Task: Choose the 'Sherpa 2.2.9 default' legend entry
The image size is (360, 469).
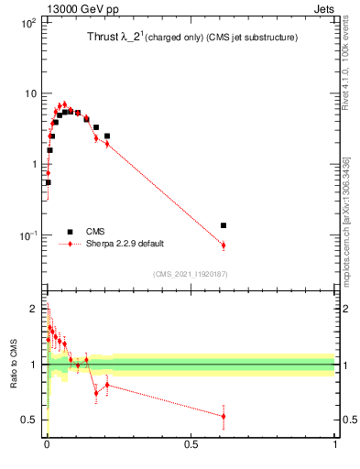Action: point(125,244)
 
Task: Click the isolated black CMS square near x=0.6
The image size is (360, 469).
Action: point(224,225)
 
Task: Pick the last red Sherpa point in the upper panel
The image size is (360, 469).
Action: point(224,245)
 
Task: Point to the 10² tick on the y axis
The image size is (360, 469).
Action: point(27,23)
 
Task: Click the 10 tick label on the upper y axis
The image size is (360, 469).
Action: point(30,93)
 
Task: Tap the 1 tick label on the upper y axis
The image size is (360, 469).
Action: point(34,165)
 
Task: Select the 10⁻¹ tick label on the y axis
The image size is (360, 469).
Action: point(27,235)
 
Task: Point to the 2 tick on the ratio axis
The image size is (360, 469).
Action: point(35,307)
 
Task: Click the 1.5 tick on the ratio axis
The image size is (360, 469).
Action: point(31,335)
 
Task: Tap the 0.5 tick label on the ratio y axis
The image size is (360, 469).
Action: point(31,420)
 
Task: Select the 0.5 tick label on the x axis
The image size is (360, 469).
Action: point(191,443)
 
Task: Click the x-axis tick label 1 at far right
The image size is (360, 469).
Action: point(334,443)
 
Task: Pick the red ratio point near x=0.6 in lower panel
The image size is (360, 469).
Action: point(224,416)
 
